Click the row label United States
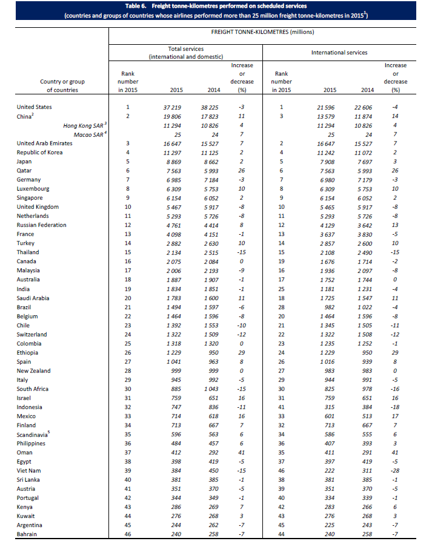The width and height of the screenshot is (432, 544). [34, 107]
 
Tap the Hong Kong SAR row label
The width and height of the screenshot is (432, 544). [84, 125]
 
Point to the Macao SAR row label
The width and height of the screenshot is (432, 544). [88, 134]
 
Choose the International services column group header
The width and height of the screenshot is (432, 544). [339, 53]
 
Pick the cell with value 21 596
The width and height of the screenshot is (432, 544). [325, 107]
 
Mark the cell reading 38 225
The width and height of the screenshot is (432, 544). [210, 107]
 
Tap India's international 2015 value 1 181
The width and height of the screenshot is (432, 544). [327, 289]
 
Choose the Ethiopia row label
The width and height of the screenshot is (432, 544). [28, 353]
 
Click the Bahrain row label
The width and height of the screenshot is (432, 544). [27, 534]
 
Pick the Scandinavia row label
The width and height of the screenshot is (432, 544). [33, 434]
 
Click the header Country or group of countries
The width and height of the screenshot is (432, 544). [62, 85]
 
